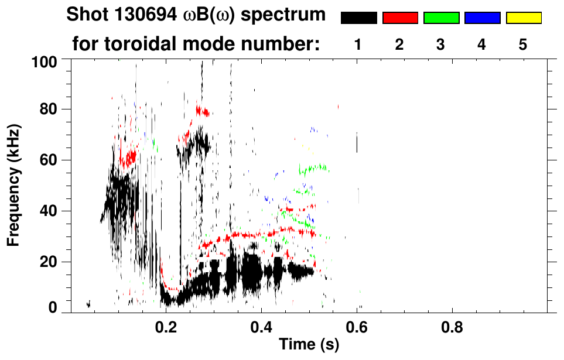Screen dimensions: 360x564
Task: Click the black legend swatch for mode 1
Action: click(x=359, y=18)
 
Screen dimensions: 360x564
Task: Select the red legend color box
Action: click(x=400, y=18)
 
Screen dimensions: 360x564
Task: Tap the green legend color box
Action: click(x=441, y=18)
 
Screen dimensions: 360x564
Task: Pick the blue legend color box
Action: click(x=482, y=18)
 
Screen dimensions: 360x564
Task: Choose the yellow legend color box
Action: click(x=523, y=18)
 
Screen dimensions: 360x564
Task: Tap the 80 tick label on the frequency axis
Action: click(x=47, y=109)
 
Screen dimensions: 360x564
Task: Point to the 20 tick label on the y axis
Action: click(x=47, y=262)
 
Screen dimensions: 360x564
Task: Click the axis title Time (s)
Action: click(x=309, y=345)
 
